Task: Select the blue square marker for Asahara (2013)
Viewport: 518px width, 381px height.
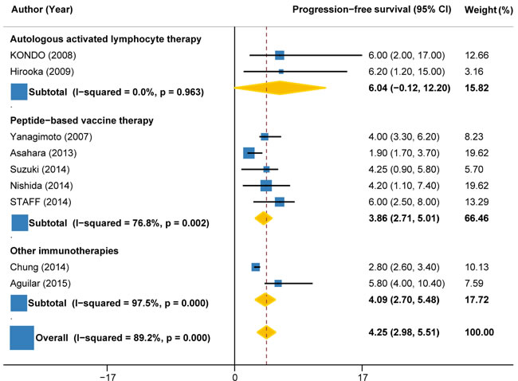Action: [249, 152]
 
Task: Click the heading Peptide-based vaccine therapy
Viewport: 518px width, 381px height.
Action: [81, 120]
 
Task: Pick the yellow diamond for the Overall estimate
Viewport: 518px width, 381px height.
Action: [266, 332]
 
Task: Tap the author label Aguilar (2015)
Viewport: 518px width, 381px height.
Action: [37, 283]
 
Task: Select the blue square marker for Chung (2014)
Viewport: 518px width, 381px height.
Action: [256, 267]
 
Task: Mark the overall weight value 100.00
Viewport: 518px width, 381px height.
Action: [480, 332]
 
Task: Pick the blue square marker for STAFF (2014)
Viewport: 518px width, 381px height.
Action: [280, 202]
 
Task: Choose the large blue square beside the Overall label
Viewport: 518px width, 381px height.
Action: [21, 338]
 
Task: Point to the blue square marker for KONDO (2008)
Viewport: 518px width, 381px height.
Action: [280, 55]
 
